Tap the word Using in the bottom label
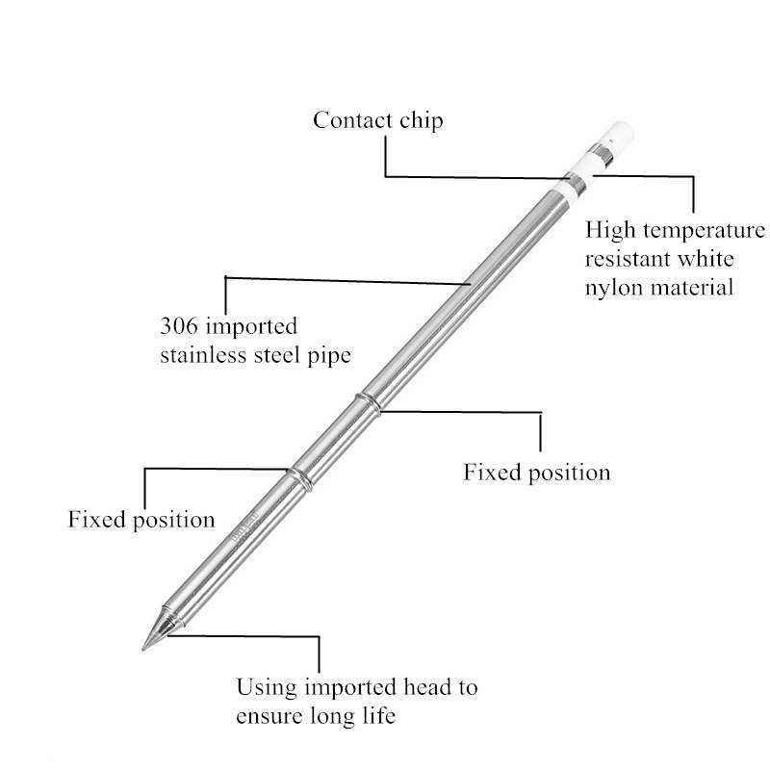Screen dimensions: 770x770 [x=266, y=687]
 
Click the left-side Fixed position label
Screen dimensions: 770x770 [x=141, y=520]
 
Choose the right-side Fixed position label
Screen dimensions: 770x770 [x=537, y=473]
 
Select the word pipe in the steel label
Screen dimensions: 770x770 [x=330, y=354]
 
